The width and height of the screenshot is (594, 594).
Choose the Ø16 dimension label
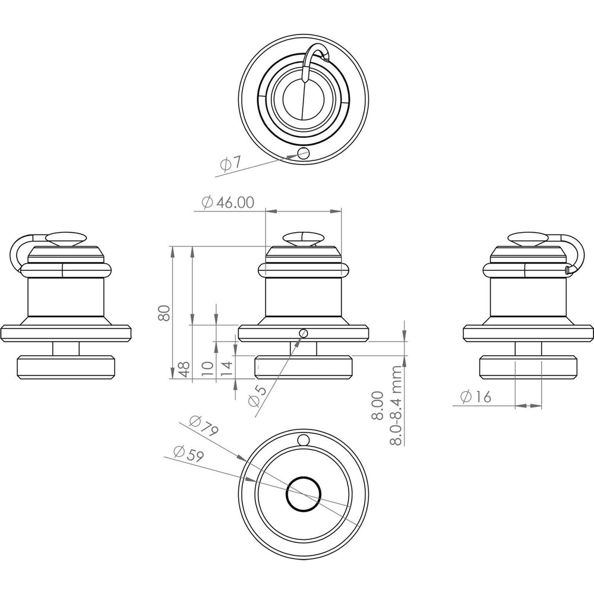click(x=476, y=396)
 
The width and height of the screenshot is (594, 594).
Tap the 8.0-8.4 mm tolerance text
click(x=396, y=405)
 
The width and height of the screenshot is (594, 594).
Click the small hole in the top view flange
click(x=304, y=153)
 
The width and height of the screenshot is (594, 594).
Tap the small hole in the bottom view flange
click(x=304, y=440)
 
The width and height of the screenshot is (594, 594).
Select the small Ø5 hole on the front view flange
click(x=304, y=333)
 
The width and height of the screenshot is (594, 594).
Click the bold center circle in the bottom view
click(x=304, y=494)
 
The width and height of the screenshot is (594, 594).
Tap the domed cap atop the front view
click(x=304, y=239)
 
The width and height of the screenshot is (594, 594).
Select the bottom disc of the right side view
click(x=528, y=367)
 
